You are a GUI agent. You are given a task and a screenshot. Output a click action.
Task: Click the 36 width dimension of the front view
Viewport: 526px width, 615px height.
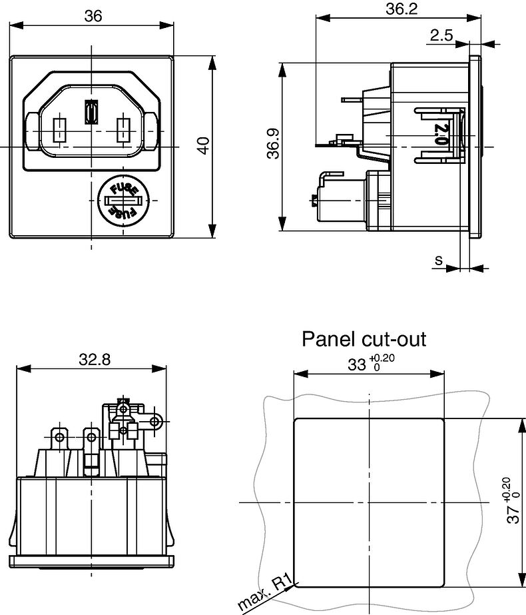[x=93, y=16]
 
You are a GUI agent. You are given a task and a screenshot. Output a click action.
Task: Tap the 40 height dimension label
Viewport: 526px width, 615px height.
[x=204, y=145]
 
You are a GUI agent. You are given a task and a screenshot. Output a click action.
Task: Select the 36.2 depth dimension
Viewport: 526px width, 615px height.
[x=401, y=9]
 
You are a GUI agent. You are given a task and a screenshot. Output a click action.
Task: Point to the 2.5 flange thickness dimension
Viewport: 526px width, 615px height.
[x=441, y=35]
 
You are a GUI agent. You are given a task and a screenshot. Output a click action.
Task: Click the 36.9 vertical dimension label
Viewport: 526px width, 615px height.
[x=273, y=143]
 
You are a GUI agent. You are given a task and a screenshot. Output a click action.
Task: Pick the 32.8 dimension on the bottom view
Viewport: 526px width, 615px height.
[x=95, y=359]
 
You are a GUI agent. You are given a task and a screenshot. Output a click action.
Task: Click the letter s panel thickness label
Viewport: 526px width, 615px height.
[x=439, y=260]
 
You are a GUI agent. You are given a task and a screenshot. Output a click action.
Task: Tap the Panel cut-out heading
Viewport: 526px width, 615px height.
[x=364, y=339]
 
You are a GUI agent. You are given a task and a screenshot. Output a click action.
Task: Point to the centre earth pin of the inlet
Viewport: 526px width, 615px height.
[x=91, y=112]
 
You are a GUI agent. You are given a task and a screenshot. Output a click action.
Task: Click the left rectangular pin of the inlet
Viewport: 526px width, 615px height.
[x=59, y=130]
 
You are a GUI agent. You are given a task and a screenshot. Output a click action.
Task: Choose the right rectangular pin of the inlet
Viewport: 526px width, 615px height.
[x=123, y=130]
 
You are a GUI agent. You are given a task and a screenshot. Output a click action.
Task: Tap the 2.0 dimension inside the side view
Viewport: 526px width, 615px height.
[x=441, y=134]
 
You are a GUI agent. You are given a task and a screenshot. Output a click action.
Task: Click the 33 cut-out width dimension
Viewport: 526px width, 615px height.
[x=356, y=364]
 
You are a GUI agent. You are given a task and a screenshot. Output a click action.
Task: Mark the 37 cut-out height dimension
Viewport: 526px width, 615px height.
[x=513, y=514]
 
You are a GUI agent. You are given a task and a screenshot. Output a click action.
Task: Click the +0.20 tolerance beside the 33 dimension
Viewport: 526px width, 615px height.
[x=382, y=358]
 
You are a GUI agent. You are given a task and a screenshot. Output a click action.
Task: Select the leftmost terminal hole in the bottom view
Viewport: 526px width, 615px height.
[x=59, y=437]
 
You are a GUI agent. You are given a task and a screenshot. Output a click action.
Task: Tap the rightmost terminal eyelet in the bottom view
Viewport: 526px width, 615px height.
[x=156, y=422]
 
